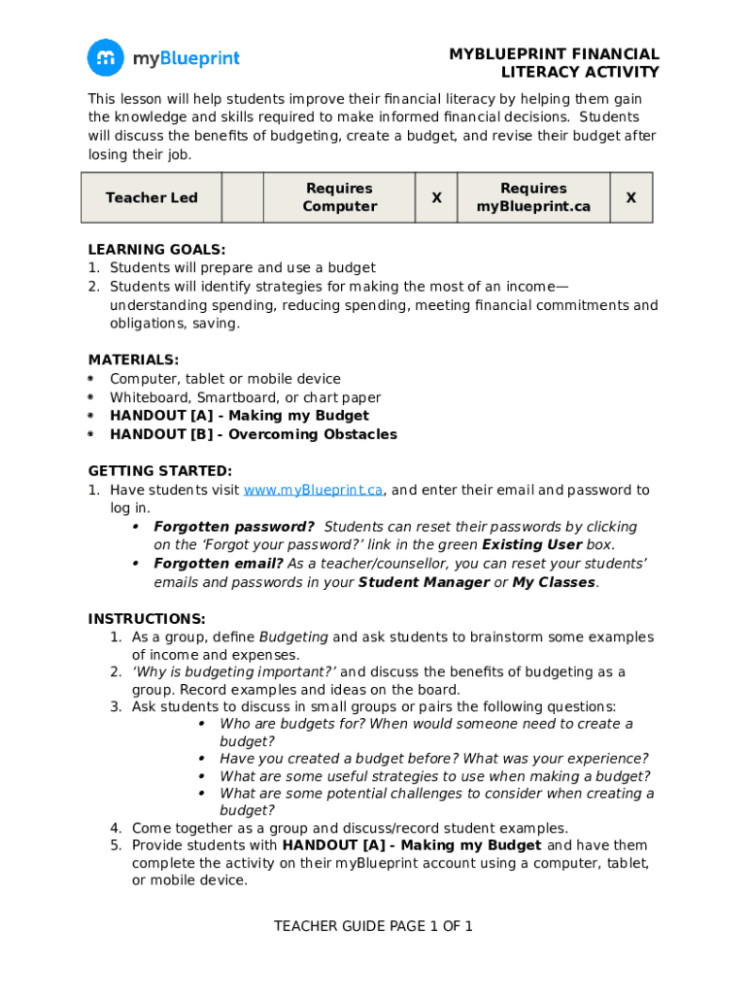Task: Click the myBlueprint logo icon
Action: pyautogui.click(x=106, y=58)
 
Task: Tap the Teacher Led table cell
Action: pyautogui.click(x=152, y=197)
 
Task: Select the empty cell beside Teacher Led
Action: pyautogui.click(x=243, y=197)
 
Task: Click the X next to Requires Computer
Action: pyautogui.click(x=436, y=197)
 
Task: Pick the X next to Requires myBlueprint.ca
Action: pyautogui.click(x=630, y=197)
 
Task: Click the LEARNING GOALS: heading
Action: pyautogui.click(x=156, y=249)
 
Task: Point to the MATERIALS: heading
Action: pyautogui.click(x=133, y=360)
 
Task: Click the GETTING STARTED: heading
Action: pyautogui.click(x=160, y=471)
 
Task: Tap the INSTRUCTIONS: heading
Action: pyautogui.click(x=147, y=619)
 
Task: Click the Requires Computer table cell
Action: pyautogui.click(x=339, y=197)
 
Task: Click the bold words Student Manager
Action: pyautogui.click(x=424, y=582)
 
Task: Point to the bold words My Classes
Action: pyautogui.click(x=554, y=582)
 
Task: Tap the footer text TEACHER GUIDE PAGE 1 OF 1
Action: pyautogui.click(x=373, y=926)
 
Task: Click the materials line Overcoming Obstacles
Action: pyautogui.click(x=254, y=434)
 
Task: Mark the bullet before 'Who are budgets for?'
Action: pyautogui.click(x=201, y=724)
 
